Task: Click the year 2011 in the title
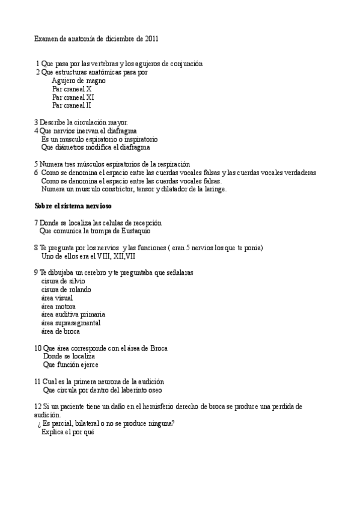click(x=152, y=38)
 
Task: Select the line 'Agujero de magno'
click(x=79, y=81)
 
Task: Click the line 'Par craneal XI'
click(x=73, y=97)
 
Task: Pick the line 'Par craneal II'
click(x=72, y=105)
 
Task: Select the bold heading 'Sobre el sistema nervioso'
click(x=73, y=206)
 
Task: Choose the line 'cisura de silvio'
click(x=63, y=281)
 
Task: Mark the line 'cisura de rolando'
click(x=66, y=289)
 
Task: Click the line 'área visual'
click(x=56, y=298)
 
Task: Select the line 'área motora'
click(x=58, y=306)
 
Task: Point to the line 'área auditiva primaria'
click(x=73, y=315)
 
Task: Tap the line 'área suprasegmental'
click(x=70, y=323)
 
